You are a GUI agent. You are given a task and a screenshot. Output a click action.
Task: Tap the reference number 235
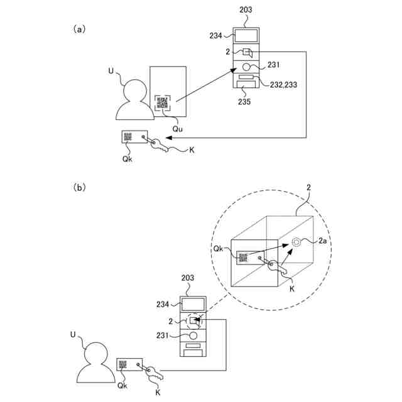pos(244,102)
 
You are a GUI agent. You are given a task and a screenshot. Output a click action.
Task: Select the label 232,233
pos(283,85)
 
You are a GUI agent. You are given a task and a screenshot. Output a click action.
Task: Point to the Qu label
pos(177,128)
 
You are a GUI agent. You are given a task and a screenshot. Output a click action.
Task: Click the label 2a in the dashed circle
pos(322,241)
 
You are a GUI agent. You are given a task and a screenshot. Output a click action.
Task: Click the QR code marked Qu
pos(162,102)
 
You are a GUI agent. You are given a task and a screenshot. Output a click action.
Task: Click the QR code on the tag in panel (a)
pos(128,137)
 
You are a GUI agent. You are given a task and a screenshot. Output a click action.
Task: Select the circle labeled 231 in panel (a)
pos(246,67)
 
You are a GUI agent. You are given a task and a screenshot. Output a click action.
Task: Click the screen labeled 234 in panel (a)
pos(246,36)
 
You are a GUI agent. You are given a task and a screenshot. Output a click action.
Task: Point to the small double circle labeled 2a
pos(296,242)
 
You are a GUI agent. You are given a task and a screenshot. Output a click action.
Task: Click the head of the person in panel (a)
pos(135,91)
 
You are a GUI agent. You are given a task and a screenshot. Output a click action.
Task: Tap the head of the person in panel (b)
pos(96,353)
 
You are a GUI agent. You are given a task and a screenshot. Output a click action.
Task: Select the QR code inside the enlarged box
pos(243,258)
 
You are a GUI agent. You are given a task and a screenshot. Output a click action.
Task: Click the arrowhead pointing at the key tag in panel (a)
pos(169,138)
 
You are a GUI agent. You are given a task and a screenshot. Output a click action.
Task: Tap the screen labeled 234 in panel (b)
pos(193,305)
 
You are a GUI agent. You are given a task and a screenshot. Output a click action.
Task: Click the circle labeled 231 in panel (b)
pos(193,335)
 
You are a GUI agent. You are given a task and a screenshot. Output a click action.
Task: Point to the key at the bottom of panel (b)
pos(155,374)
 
